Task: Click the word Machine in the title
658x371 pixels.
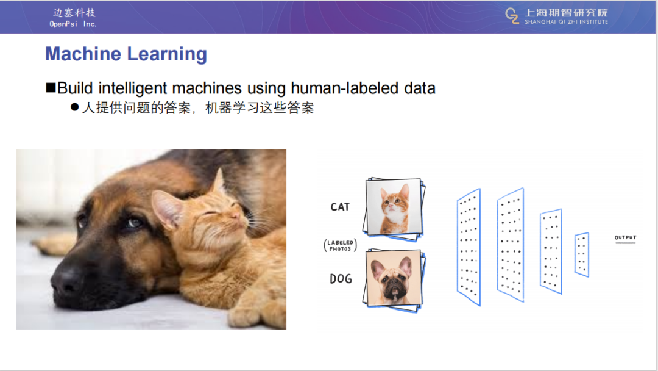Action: [x=83, y=54]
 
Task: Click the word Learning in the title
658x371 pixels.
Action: [x=167, y=55]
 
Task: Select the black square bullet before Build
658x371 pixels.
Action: [x=51, y=87]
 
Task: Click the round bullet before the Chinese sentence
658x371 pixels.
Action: [x=75, y=107]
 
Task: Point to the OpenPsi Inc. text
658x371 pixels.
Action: [x=73, y=24]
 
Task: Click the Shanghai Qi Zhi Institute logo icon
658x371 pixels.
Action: [x=512, y=16]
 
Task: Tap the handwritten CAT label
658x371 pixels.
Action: [x=340, y=207]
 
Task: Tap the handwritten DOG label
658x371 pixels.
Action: [x=341, y=279]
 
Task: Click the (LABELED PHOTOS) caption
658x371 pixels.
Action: [x=341, y=245]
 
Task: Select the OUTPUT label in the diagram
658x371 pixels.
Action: [x=625, y=238]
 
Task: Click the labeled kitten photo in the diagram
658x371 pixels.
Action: [x=394, y=207]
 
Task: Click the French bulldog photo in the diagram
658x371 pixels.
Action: [x=394, y=278]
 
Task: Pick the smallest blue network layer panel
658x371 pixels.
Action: [x=582, y=254]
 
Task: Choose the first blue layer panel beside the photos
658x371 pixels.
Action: [x=469, y=247]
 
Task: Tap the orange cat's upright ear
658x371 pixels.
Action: [x=219, y=181]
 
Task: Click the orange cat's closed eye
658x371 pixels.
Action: [x=210, y=214]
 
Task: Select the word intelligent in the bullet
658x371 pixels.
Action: [x=133, y=88]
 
